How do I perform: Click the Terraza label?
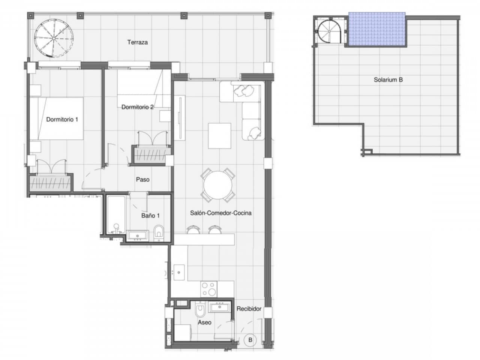(x=137, y=42)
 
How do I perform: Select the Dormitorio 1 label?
(x=62, y=120)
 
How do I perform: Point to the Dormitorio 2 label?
(x=137, y=107)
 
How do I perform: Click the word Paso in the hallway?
(x=142, y=180)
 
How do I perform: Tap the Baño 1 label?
(x=150, y=216)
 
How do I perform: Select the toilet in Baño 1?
(x=159, y=232)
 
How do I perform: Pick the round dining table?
(x=218, y=185)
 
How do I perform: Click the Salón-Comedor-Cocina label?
(x=220, y=213)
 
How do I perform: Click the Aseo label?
(x=204, y=322)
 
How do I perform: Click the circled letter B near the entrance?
(x=250, y=340)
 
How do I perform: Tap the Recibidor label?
(x=249, y=309)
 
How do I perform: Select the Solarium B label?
(x=388, y=80)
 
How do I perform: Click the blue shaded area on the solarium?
(x=377, y=29)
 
